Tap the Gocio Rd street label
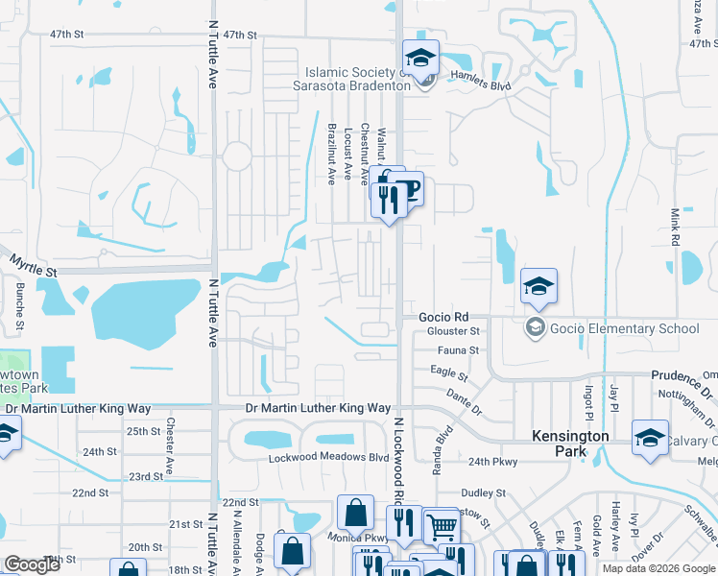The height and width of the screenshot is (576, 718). (x=443, y=317)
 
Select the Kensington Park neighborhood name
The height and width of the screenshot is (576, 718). (x=571, y=443)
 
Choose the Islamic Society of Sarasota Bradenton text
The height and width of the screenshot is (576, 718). (x=351, y=79)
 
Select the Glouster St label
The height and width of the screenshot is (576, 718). (x=452, y=331)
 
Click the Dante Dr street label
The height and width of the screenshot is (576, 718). (x=465, y=400)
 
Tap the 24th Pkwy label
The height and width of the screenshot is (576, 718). (x=493, y=462)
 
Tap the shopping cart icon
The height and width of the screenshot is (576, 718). (x=441, y=525)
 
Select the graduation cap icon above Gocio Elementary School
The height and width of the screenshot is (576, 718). (x=538, y=285)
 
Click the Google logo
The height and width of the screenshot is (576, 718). (x=33, y=564)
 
